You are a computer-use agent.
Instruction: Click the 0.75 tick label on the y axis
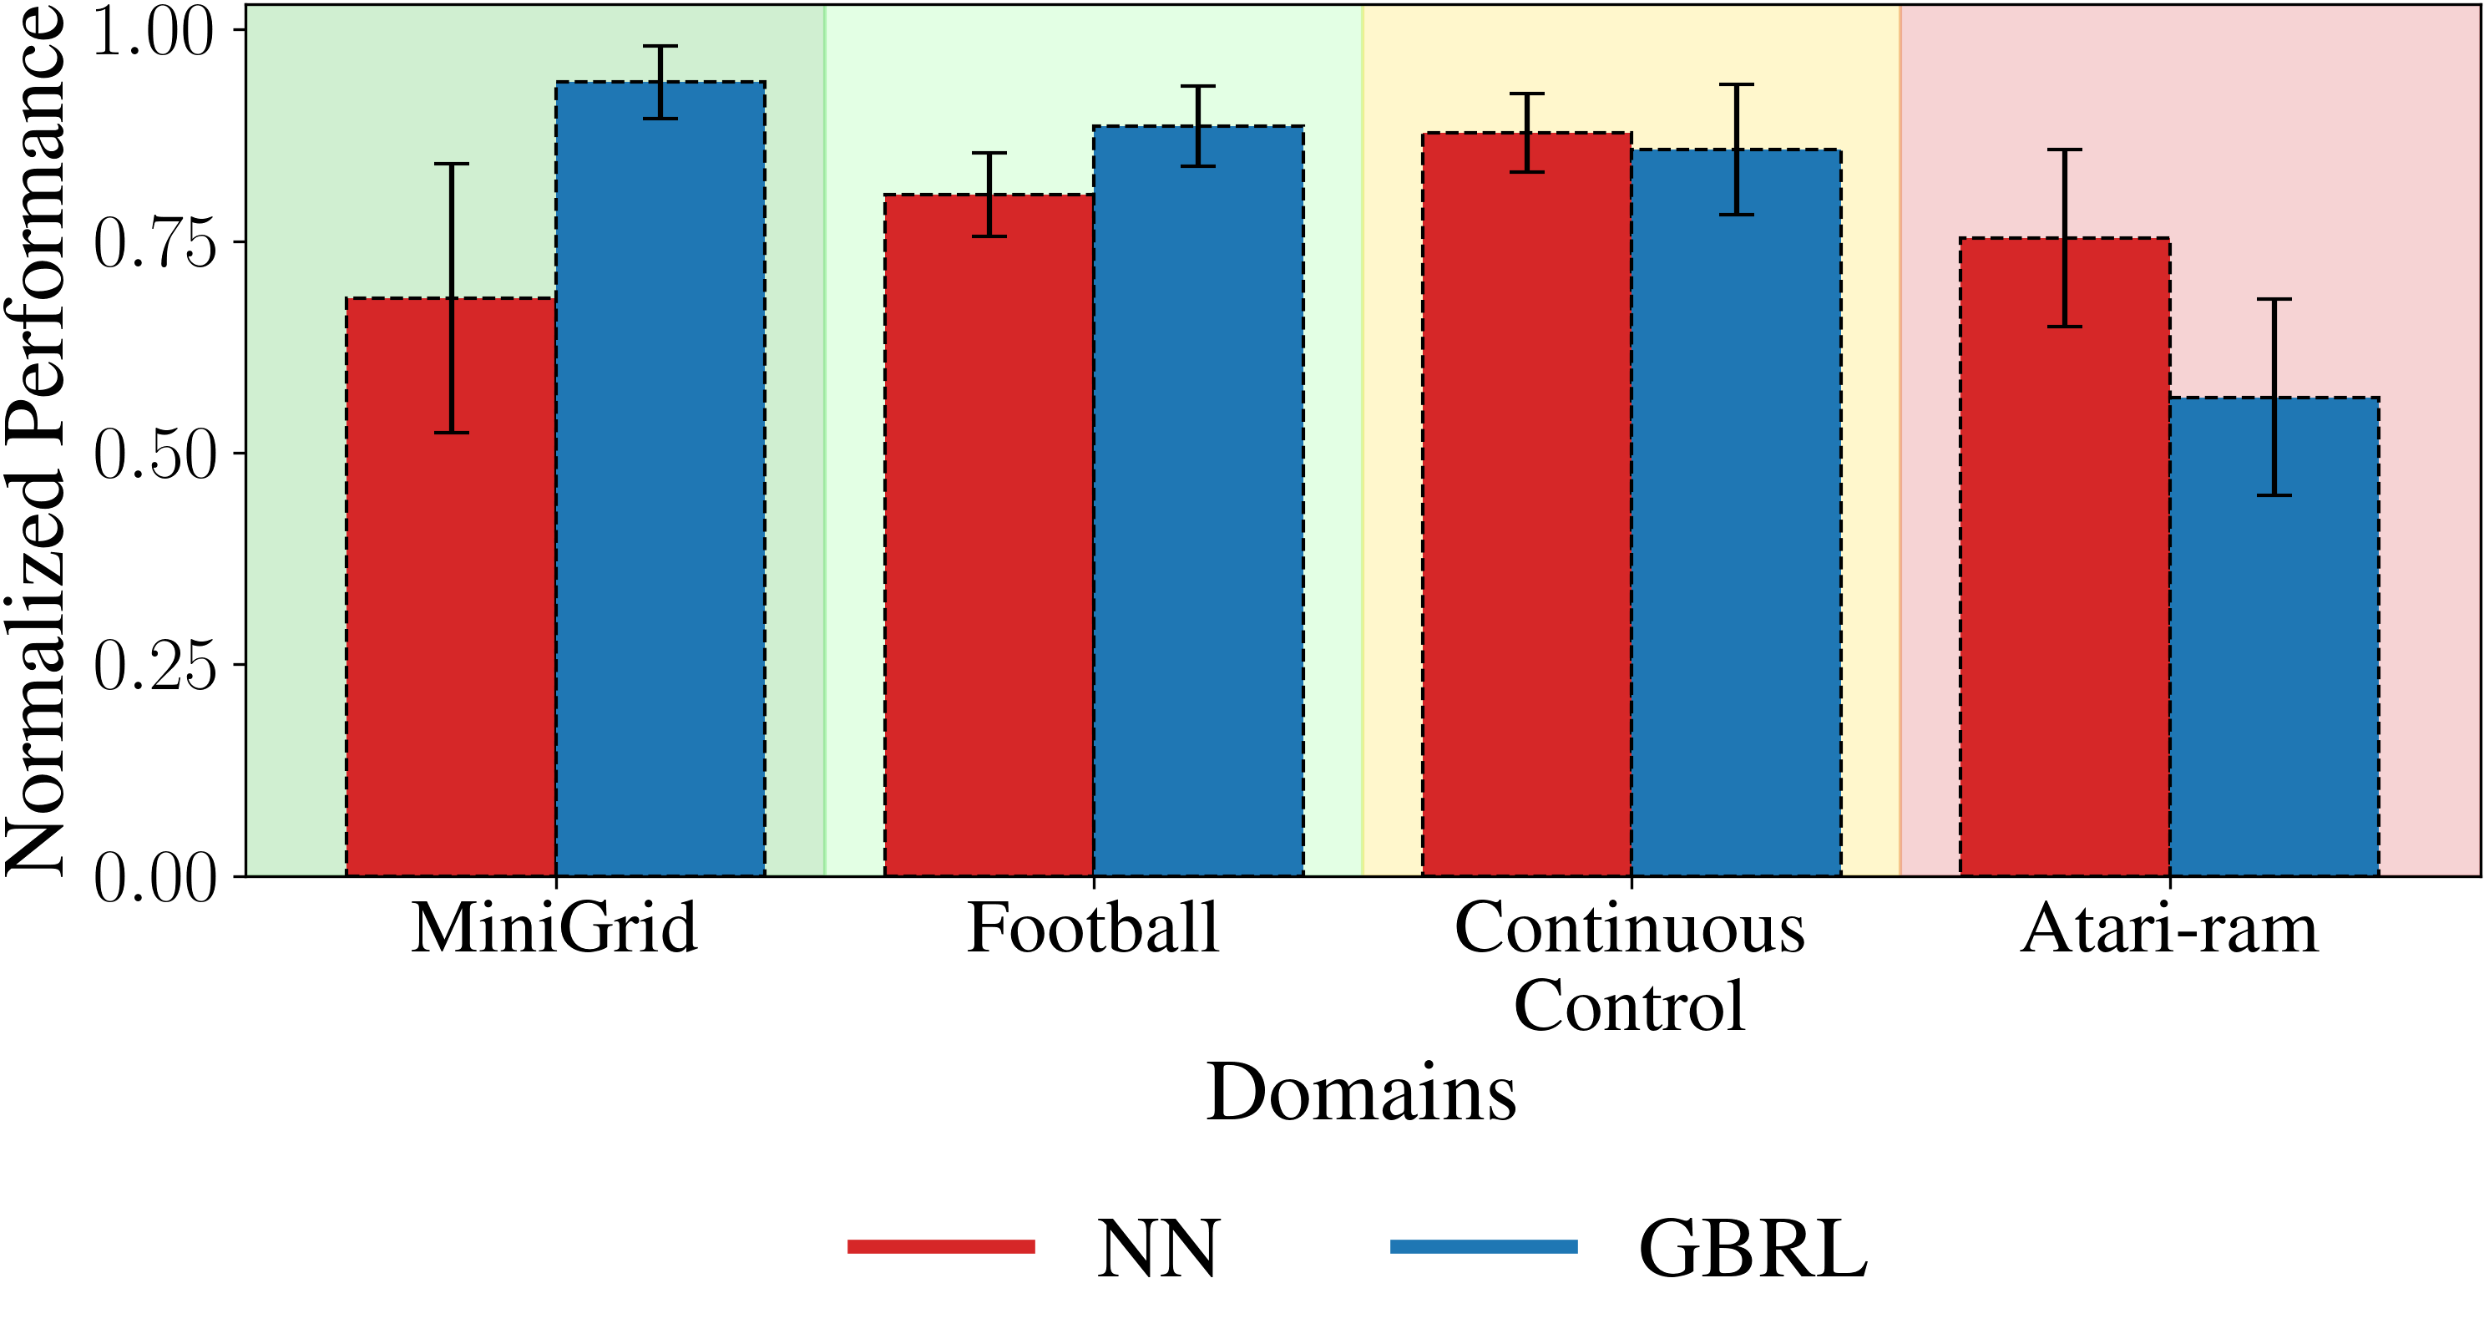[x=154, y=242]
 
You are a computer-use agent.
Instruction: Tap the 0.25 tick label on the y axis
[x=154, y=666]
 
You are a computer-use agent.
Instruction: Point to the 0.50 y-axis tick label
[x=154, y=454]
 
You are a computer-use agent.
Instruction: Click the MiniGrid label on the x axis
[x=554, y=928]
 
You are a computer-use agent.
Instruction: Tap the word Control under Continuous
[x=1629, y=1006]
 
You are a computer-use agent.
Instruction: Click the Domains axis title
[x=1361, y=1092]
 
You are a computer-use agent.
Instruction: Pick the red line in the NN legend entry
[x=941, y=1247]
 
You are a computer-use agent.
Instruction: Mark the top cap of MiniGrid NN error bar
[x=450, y=164]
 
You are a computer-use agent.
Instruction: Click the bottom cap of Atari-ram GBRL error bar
[x=2274, y=495]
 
